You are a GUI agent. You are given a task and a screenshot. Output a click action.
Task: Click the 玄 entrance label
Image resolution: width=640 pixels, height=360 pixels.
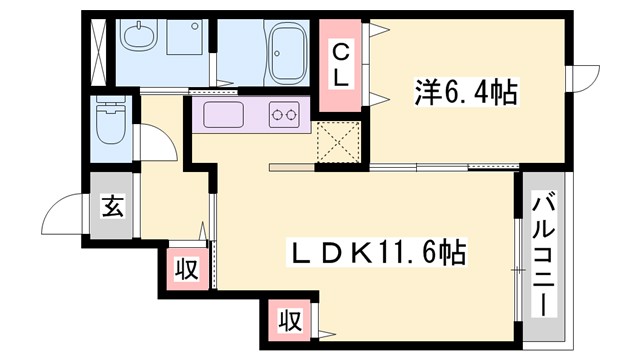111,210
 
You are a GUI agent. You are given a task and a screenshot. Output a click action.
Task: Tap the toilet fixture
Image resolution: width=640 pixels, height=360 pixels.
106,125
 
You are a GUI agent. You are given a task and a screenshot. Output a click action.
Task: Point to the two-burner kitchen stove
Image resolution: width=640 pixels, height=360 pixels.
286,116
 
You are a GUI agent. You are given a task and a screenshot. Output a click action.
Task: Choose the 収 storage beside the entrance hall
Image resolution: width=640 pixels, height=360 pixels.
185,267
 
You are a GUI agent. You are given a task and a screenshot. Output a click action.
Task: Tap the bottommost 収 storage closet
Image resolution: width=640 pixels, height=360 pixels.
289,322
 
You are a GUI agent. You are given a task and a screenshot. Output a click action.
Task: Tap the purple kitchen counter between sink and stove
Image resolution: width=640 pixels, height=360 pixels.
254,116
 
